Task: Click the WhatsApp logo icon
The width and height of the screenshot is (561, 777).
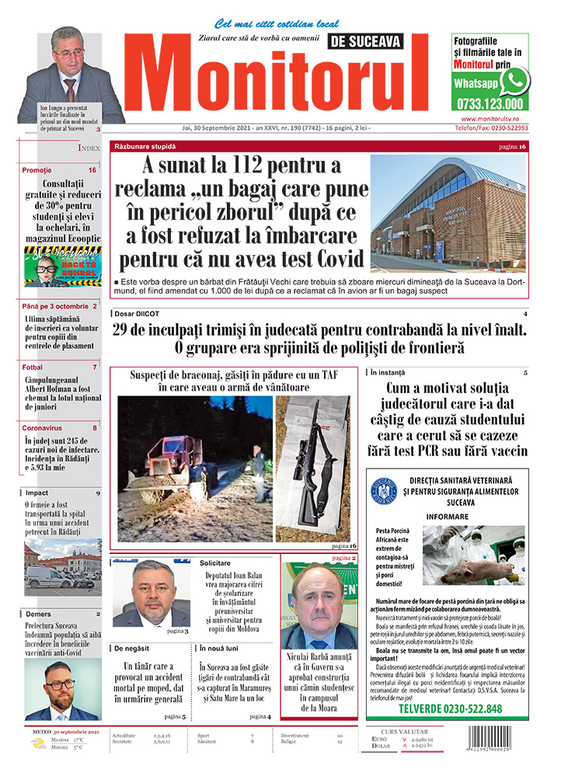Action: point(514,80)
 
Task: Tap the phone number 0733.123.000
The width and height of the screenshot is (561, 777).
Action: point(490,103)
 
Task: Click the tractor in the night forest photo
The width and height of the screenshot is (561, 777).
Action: point(163,466)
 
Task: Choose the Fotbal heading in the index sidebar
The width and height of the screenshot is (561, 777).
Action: point(33,367)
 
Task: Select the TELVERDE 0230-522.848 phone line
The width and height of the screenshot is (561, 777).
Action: point(450,709)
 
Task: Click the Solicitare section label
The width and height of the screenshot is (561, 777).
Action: point(215,562)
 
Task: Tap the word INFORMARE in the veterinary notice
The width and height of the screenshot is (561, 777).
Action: point(448,516)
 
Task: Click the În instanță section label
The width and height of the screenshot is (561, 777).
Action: point(388,373)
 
